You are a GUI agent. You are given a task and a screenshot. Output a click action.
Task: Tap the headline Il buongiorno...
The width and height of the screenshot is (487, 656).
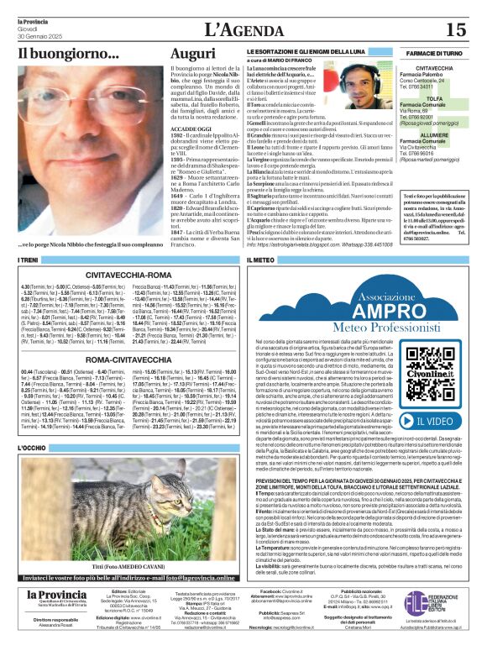point(69,54)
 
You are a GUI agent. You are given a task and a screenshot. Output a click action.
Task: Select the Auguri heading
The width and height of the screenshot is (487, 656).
point(192,54)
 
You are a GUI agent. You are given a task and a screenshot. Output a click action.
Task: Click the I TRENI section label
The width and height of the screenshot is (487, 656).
point(26,261)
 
